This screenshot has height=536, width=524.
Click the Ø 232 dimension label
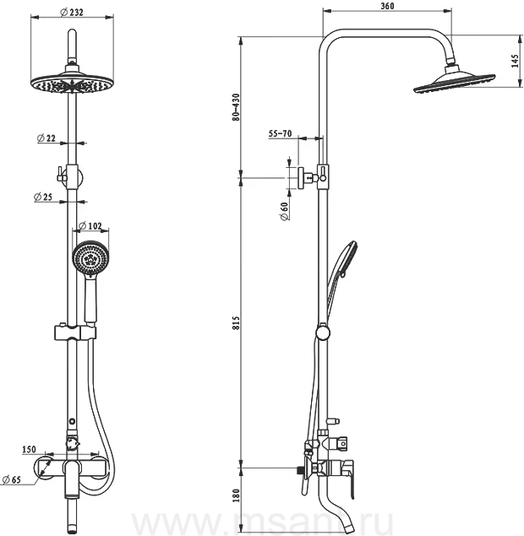[72, 13]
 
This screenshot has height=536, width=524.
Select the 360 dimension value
[387, 6]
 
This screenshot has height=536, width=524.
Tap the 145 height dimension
[515, 61]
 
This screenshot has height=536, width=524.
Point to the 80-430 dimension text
[236, 107]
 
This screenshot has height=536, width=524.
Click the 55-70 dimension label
[280, 133]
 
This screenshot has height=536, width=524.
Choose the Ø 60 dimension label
[284, 211]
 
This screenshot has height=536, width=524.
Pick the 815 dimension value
[236, 323]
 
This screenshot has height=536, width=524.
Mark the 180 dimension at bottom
[236, 495]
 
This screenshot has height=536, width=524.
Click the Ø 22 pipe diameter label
[46, 138]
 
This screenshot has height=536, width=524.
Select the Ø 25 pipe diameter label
[43, 197]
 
